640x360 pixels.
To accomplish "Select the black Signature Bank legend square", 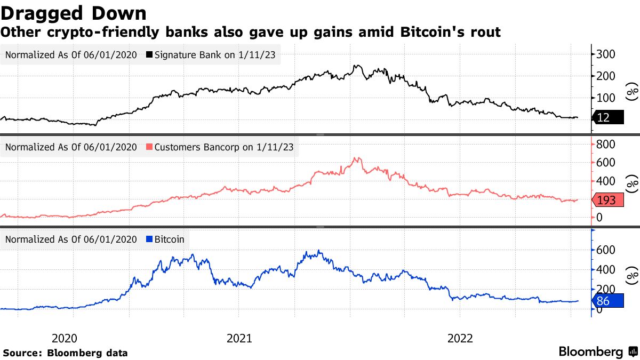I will click(149, 54).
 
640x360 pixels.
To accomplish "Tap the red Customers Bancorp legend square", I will click(149, 147).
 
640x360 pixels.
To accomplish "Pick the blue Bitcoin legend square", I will click(149, 239).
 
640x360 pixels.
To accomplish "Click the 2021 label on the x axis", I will click(239, 338).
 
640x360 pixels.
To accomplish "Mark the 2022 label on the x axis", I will click(460, 338).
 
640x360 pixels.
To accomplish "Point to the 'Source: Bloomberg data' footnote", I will click(65, 353).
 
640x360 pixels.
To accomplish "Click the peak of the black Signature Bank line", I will click(356, 66).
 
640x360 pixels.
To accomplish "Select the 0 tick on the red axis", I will click(600, 217).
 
